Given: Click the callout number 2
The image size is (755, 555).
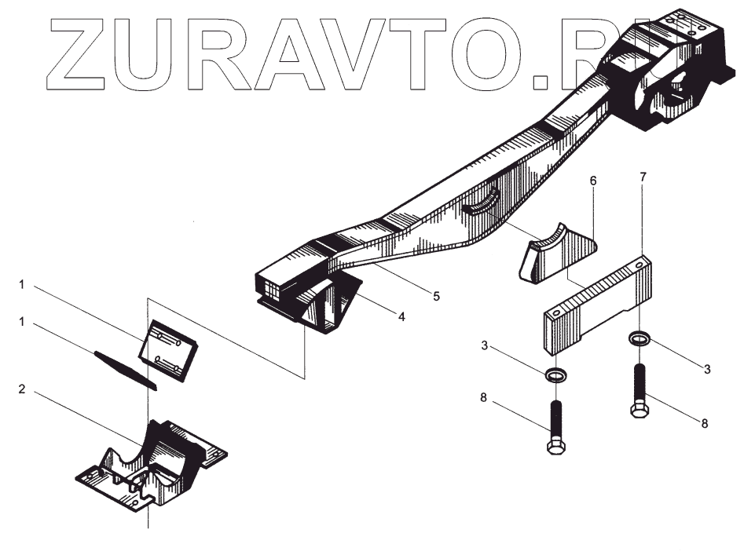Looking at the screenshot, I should coord(22,389).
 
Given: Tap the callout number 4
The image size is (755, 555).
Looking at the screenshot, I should coord(401,317).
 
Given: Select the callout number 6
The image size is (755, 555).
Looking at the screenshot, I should coord(593,181).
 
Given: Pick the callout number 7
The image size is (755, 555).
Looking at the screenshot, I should coord(643,177).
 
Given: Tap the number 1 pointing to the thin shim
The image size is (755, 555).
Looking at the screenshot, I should coord(22,322).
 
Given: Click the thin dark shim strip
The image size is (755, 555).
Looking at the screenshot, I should coord(126,369).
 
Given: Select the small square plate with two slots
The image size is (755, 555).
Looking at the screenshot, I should coord(168,350).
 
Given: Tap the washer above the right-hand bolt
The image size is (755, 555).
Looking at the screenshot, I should coord(639,339).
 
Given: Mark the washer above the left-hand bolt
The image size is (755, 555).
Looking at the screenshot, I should coord(555,374).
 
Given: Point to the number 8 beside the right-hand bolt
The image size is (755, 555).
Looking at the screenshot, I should coord(705,423).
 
